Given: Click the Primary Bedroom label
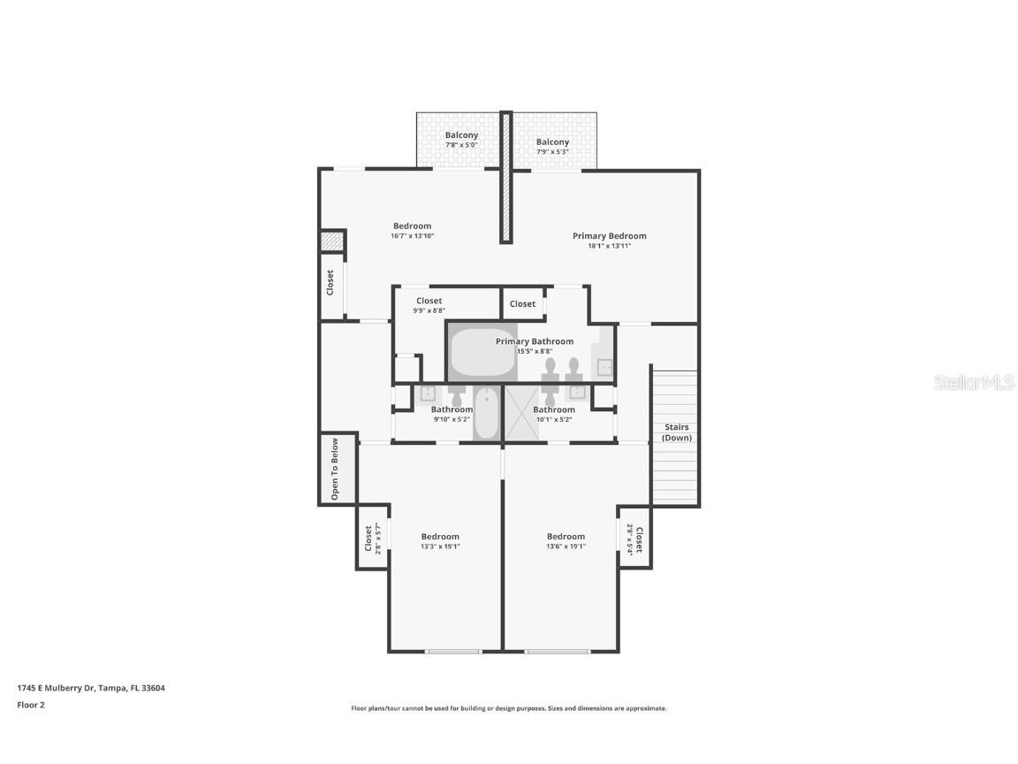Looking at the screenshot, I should [609, 236].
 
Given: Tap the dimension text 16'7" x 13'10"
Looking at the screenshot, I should [412, 236].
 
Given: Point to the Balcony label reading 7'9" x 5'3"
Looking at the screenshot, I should [552, 151].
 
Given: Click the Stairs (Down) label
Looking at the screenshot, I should [677, 432].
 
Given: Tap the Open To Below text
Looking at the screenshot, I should [335, 470].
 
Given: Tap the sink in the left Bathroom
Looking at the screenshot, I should [428, 393].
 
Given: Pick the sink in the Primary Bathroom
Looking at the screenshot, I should [604, 367].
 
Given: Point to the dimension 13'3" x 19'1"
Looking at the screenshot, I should [440, 546].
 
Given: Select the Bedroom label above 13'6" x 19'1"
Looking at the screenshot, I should [566, 536].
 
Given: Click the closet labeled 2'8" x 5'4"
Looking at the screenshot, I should [635, 539].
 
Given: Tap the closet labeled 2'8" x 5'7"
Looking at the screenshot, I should [372, 538].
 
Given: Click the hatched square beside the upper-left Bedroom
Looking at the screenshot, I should [330, 241].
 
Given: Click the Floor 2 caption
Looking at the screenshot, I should [31, 705].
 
